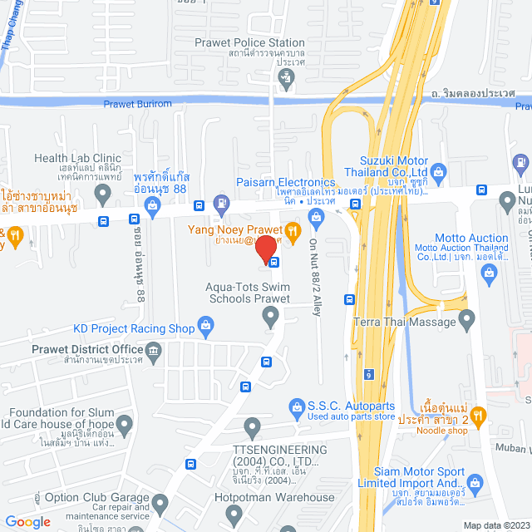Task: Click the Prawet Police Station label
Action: [x=249, y=42]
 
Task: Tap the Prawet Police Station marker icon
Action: [x=287, y=79]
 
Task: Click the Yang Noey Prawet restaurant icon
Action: [x=292, y=229]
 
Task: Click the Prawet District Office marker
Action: [x=155, y=360]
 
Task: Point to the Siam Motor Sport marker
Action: [x=475, y=483]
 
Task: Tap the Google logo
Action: [x=27, y=521]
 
